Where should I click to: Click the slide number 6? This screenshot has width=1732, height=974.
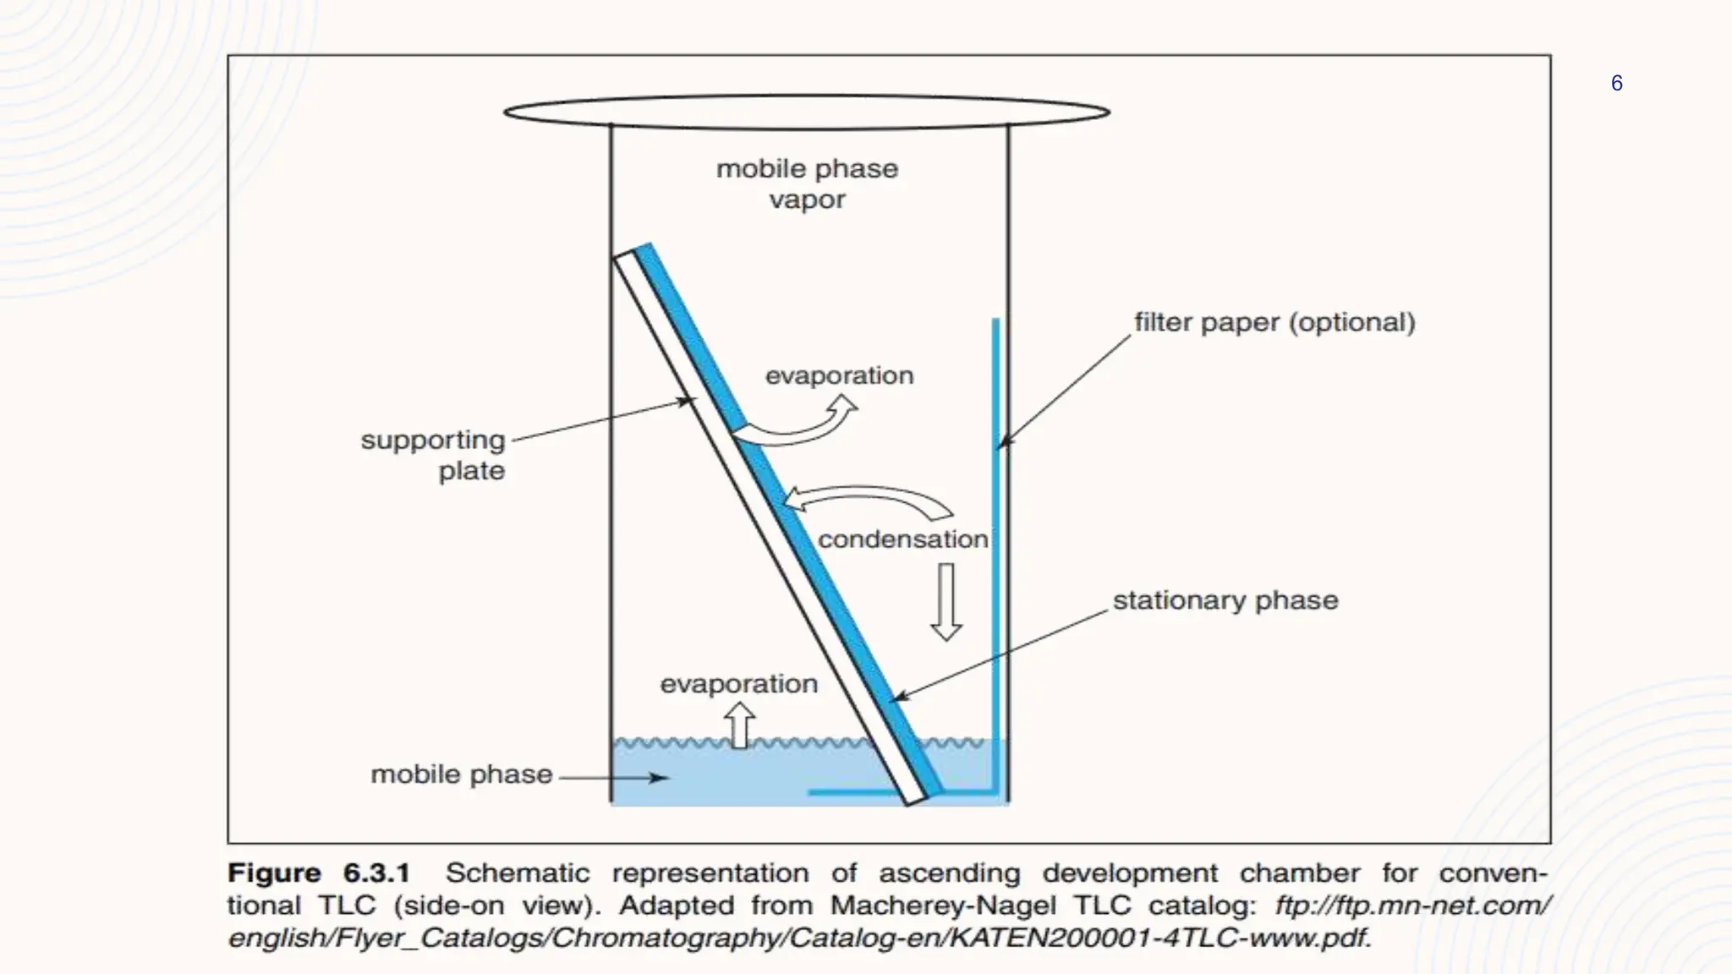pos(1616,83)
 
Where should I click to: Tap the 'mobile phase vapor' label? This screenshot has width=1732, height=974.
pos(807,183)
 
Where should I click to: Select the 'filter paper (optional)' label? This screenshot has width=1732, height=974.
pos(1274,322)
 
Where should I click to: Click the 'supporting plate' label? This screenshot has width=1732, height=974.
pos(433,455)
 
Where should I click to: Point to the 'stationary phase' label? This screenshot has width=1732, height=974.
pos(1225,600)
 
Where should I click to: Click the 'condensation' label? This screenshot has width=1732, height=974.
pos(902,539)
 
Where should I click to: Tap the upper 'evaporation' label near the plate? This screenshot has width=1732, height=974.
pos(839,375)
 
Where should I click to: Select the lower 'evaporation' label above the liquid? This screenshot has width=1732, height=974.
pos(738,683)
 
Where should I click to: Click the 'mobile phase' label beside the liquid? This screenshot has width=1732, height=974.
pos(461,774)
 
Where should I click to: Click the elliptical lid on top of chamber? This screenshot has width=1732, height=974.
pos(807,112)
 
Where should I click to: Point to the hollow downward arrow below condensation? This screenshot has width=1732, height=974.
pos(945,602)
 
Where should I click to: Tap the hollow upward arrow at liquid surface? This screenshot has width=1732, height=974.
pos(740,727)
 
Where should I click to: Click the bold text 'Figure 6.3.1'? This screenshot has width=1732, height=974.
pos(319,873)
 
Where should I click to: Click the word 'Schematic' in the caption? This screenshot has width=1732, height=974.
pos(517,873)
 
